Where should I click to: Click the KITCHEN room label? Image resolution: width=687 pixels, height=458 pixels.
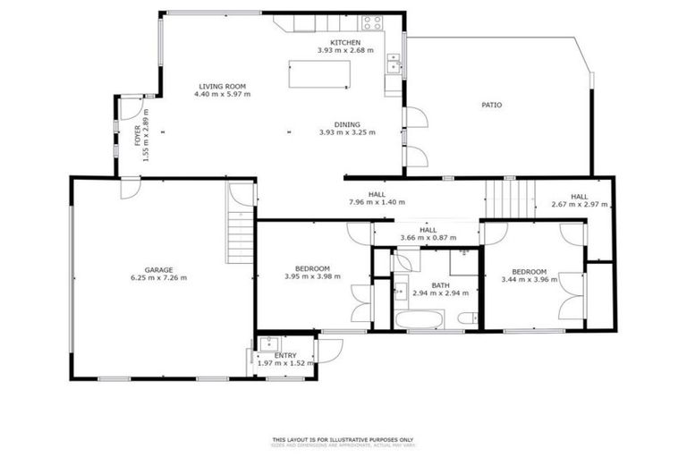pos(345,43)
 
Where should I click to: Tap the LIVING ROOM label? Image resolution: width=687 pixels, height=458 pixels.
pos(224,86)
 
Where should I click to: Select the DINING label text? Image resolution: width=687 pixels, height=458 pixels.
pos(347,124)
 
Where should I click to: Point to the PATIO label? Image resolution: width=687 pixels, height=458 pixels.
pos(491,105)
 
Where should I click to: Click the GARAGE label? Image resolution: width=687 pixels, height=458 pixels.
pos(159,269)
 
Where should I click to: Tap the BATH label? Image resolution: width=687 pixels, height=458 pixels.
pos(440,285)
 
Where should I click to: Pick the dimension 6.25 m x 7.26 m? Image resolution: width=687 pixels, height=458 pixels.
pos(159,277)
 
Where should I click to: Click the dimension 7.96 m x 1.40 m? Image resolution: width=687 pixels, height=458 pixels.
pos(376,202)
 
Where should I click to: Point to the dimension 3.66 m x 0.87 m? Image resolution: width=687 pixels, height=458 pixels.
pos(427,238)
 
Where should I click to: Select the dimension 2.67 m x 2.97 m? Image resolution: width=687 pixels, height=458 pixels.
pos(580,205)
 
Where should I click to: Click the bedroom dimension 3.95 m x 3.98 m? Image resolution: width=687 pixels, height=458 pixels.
pos(313,276)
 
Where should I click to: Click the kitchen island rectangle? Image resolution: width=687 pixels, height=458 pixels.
pos(318,73)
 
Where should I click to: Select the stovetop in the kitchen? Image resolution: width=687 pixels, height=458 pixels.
pos(372,22)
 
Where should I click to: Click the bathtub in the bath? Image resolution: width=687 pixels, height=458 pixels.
pos(419,320)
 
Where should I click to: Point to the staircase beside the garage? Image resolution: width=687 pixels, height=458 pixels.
pos(240,233)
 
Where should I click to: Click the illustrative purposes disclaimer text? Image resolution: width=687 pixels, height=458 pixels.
pos(343,439)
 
